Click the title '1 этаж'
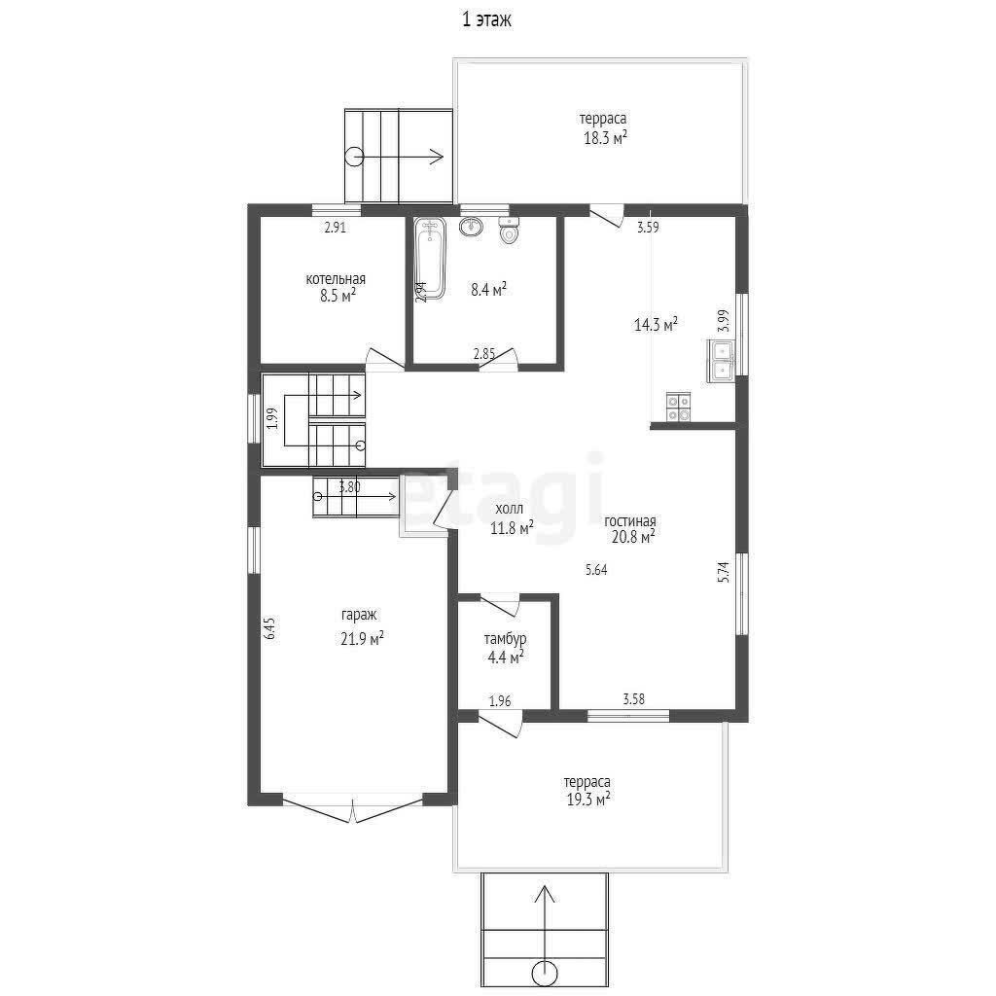pos(486,20)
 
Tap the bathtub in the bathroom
pos(430,258)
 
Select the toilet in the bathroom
pos(509,231)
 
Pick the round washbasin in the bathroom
pos(471,226)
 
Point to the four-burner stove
pos(678,408)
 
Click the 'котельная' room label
pos(336,279)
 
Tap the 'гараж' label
pos(359,615)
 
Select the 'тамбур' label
pos(505,638)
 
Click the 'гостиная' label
pos(629,521)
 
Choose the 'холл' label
pos(510,509)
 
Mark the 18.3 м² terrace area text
pos(605,138)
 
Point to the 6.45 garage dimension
pos(270,627)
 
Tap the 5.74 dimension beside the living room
pos(724,572)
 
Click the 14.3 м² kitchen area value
pos(656,325)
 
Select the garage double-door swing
pos(352,812)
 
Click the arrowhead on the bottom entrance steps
pos(544,894)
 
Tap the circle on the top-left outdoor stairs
pos(354,157)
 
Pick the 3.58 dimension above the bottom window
pos(633,699)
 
